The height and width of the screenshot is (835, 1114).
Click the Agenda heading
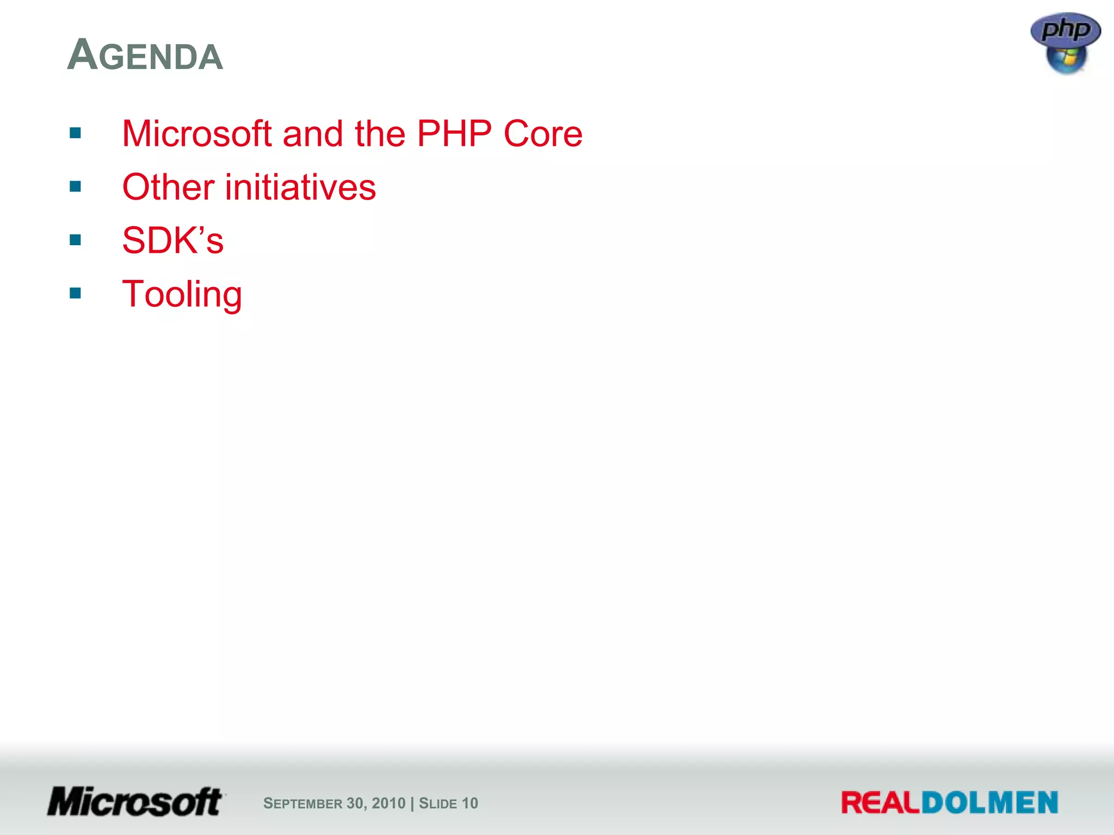[x=145, y=55]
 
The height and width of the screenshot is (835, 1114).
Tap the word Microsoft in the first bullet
[x=196, y=134]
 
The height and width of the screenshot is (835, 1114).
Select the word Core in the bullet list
[x=543, y=134]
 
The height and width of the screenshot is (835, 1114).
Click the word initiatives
[x=300, y=187]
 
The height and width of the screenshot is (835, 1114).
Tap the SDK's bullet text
[x=173, y=240]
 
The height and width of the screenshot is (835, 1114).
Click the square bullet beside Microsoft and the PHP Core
[x=76, y=133]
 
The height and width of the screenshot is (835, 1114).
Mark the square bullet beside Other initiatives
[x=76, y=187]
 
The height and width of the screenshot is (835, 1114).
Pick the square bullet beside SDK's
[x=76, y=240]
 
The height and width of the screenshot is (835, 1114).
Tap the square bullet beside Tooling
[x=76, y=294]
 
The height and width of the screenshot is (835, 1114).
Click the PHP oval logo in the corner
[x=1066, y=29]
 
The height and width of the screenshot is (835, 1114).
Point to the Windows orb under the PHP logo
[x=1066, y=59]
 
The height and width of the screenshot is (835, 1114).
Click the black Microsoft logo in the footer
[x=135, y=802]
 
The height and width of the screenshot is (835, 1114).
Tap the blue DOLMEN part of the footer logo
[x=989, y=803]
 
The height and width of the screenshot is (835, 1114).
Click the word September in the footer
[x=303, y=803]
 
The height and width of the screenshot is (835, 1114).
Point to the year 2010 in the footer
[x=389, y=803]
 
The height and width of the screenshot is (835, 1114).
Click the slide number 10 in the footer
[x=470, y=803]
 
